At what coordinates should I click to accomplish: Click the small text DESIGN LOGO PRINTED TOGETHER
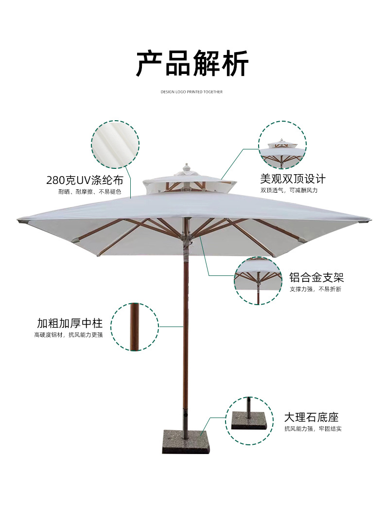tap(192, 91)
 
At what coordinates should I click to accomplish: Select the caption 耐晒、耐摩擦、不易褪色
tap(89, 192)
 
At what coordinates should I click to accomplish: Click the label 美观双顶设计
tap(293, 179)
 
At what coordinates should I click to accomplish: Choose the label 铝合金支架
tap(316, 277)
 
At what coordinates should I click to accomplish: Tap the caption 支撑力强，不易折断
tap(315, 289)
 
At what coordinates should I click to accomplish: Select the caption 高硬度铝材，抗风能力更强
tap(69, 335)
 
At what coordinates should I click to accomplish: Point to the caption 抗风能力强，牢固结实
tap(313, 429)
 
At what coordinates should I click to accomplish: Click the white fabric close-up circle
tap(115, 145)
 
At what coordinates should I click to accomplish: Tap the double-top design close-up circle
tap(282, 145)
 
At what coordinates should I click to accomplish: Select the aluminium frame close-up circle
tap(258, 281)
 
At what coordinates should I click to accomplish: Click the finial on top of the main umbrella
tap(185, 168)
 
